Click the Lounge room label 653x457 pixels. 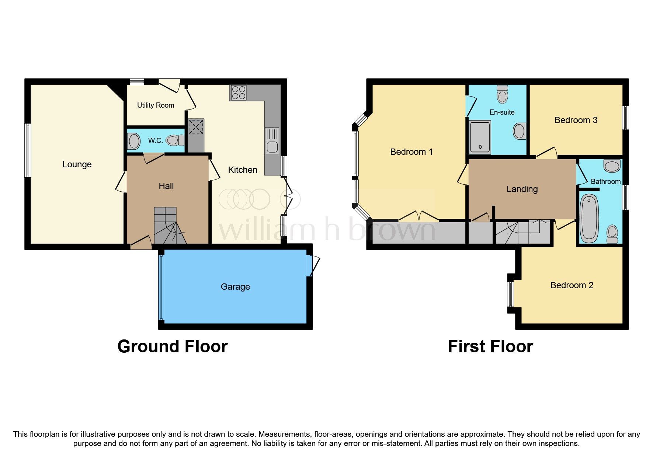77,164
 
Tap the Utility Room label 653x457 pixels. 155,105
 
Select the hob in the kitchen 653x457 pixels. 238,93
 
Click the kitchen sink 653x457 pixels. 272,141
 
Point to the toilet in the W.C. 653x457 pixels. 175,140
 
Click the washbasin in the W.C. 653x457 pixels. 134,141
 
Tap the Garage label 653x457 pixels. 235,287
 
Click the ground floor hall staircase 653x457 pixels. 168,226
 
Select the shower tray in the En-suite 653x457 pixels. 480,137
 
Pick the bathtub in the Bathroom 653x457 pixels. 589,218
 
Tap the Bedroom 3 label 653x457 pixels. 576,120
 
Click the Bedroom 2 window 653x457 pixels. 511,294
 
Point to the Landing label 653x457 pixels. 522,189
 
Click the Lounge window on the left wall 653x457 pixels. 28,150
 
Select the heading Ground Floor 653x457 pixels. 172,346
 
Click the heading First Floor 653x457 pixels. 490,346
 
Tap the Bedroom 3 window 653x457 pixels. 625,118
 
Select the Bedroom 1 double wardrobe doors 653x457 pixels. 418,216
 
